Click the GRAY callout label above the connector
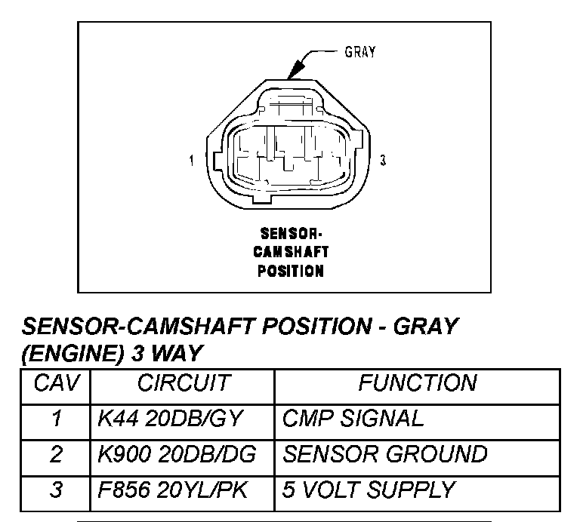(360, 52)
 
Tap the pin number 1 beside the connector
(193, 160)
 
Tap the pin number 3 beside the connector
(384, 160)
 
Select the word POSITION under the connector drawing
(291, 269)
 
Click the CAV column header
(55, 383)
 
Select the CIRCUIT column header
(183, 383)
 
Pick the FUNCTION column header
(417, 383)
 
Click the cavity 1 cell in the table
(55, 419)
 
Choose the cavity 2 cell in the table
(55, 454)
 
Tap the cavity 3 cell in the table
(55, 490)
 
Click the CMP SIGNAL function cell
(353, 419)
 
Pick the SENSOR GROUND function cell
(384, 454)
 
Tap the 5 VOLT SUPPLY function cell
(369, 490)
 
